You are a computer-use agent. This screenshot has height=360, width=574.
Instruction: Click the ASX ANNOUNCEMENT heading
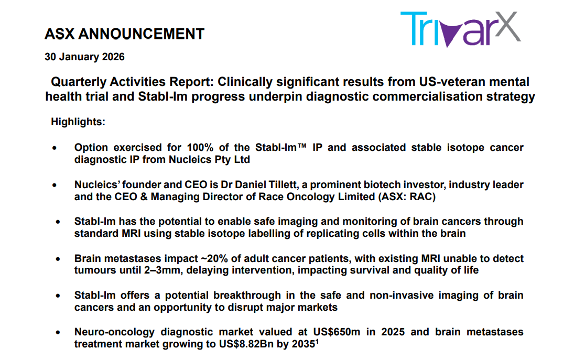[124, 34]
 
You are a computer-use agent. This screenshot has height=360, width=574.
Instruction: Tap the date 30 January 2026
[84, 57]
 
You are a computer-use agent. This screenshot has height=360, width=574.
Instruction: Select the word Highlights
[78, 122]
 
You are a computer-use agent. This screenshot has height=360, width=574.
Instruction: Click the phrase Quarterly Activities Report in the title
[132, 82]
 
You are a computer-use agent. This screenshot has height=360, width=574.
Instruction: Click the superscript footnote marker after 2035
[317, 341]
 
